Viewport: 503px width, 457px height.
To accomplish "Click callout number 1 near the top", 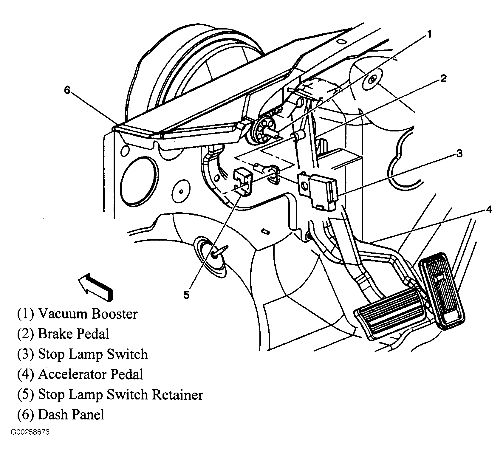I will click(x=428, y=35).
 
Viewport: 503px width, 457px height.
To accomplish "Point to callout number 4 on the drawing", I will click(x=488, y=210).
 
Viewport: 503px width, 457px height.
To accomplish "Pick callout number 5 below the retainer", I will click(x=186, y=295).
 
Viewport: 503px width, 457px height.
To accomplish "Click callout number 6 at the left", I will click(x=67, y=90).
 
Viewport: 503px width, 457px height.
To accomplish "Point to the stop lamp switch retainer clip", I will click(x=243, y=182).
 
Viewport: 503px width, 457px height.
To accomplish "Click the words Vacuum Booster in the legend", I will click(x=88, y=314).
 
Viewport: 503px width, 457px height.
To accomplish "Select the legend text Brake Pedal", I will click(x=74, y=334).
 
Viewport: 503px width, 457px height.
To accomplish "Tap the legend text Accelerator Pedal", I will click(x=91, y=374).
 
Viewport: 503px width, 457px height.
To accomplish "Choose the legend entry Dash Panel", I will click(x=71, y=415).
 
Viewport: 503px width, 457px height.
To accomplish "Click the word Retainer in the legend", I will click(x=178, y=395).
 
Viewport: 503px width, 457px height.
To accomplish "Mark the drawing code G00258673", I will click(x=30, y=432).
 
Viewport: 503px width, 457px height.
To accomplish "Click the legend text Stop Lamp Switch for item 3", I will click(x=93, y=354).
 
